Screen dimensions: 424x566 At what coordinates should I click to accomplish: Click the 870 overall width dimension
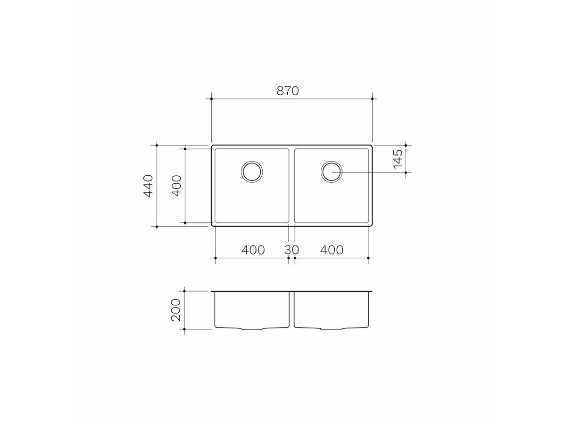[x=288, y=91]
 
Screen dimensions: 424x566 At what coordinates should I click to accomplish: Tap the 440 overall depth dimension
[x=149, y=186]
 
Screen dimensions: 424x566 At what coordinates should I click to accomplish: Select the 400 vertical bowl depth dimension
[x=177, y=186]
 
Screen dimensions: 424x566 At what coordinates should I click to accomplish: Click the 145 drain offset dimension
[x=398, y=159]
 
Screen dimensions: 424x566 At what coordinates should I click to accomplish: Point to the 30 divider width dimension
[x=291, y=250]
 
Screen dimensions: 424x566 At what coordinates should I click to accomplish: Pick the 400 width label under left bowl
[x=253, y=250]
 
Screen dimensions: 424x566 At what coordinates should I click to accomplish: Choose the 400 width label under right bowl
[x=332, y=250]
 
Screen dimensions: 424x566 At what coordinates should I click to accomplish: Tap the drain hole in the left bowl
[x=251, y=171]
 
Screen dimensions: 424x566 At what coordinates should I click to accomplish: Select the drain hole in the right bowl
[x=332, y=171]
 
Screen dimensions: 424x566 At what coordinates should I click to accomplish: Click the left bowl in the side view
[x=251, y=310]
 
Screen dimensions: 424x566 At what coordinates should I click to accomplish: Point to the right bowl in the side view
[x=332, y=310]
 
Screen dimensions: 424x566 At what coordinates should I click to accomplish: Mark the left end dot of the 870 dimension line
[x=211, y=99]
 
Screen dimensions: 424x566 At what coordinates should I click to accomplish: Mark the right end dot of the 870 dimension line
[x=373, y=99]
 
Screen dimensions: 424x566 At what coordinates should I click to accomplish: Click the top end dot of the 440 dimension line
[x=157, y=145]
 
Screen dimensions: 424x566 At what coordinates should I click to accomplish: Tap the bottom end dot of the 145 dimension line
[x=406, y=172]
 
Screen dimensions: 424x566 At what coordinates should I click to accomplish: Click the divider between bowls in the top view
[x=291, y=186]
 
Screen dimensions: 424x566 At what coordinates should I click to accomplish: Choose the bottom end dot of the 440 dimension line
[x=157, y=227]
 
